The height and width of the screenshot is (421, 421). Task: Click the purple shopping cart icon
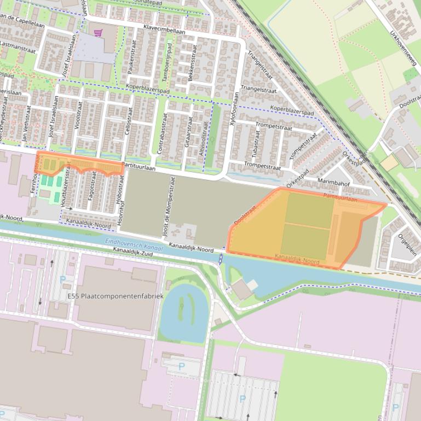pyautogui.click(x=98, y=33)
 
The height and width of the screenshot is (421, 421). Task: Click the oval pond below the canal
pyautogui.click(x=187, y=312)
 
